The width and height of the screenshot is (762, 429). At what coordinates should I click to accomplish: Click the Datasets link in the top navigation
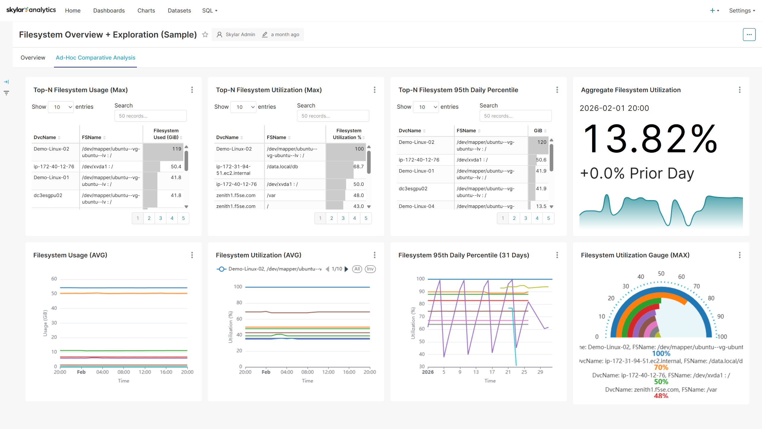179,10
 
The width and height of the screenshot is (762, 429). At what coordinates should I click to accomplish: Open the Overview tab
33,57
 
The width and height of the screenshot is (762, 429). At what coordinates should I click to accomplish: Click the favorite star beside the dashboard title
205,35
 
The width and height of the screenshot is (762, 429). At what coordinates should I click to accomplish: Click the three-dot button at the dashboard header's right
749,35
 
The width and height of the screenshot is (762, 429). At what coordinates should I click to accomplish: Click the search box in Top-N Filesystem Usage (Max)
150,116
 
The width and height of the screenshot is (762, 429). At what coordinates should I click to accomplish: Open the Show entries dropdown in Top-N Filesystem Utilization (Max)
243,107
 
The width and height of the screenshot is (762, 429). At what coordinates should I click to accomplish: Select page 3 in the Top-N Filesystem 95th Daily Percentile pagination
526,218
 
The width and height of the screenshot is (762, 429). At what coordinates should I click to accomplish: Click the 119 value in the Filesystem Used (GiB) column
177,149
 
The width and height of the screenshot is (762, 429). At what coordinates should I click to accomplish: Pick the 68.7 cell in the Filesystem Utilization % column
358,167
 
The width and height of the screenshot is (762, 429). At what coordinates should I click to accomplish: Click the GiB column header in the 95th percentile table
538,130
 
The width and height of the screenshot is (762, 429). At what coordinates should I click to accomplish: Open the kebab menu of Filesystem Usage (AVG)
192,255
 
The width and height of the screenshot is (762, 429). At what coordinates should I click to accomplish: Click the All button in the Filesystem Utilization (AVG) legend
357,269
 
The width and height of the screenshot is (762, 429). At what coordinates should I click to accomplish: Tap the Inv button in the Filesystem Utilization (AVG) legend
370,269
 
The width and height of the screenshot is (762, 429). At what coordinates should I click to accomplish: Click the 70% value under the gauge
661,368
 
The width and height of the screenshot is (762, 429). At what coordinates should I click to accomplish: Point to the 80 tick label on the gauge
711,298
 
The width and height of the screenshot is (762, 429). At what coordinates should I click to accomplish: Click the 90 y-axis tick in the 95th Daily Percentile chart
422,291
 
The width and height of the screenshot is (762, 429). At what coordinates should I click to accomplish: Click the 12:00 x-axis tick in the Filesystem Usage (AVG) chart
145,372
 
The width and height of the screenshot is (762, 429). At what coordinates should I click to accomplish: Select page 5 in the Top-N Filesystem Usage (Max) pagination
183,218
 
